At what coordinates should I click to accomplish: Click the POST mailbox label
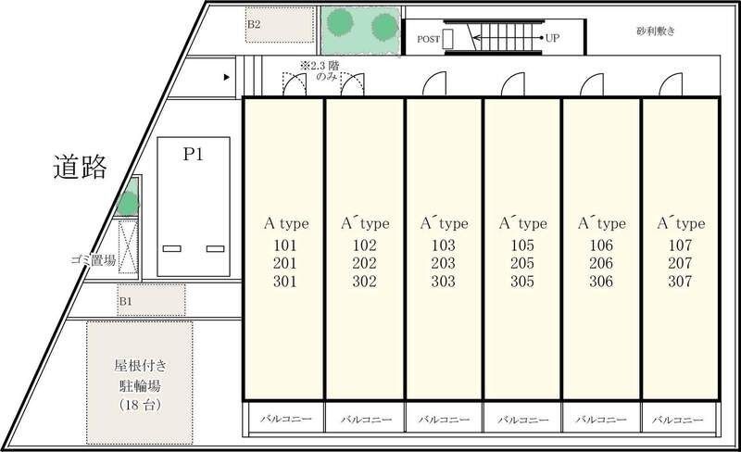point(429,39)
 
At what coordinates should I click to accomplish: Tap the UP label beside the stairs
point(552,38)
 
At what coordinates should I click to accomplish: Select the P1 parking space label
point(194,154)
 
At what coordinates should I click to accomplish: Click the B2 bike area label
point(254,24)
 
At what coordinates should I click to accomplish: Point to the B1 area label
point(125,301)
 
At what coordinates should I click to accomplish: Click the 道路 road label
point(80,167)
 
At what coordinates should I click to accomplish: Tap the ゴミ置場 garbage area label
point(94,259)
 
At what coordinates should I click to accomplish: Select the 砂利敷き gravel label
point(656,31)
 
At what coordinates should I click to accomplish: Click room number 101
point(285,245)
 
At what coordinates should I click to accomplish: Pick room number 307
point(680,282)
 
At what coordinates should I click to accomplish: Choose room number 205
point(522,263)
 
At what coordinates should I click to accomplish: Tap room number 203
point(444,263)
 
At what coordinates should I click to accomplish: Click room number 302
point(364,282)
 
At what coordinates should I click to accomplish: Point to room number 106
point(601,245)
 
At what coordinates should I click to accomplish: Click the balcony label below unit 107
point(679,420)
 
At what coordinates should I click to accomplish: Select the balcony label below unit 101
point(286,419)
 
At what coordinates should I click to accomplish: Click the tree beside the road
point(128,204)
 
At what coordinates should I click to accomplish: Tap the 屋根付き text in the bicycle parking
point(141,365)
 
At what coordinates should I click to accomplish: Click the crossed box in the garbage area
point(128,246)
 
